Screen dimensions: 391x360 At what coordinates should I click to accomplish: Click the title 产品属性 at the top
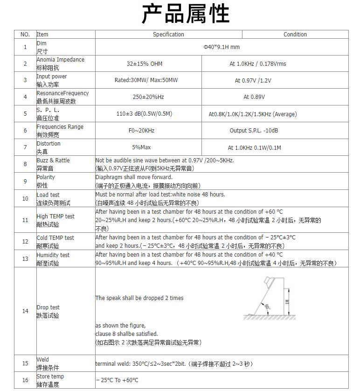point(185,14)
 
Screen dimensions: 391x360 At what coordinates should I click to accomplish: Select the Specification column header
point(168,35)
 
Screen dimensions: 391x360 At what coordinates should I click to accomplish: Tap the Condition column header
point(295,35)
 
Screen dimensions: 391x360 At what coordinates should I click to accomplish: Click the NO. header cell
point(25,35)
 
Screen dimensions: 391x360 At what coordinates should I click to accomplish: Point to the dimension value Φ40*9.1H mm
point(222,47)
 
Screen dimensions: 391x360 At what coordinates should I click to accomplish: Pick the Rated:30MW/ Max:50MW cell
point(146,81)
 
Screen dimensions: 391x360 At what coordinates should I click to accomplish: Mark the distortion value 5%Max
point(141,147)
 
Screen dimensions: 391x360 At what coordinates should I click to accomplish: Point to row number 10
point(25,199)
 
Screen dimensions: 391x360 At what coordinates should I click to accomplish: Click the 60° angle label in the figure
point(267,307)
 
